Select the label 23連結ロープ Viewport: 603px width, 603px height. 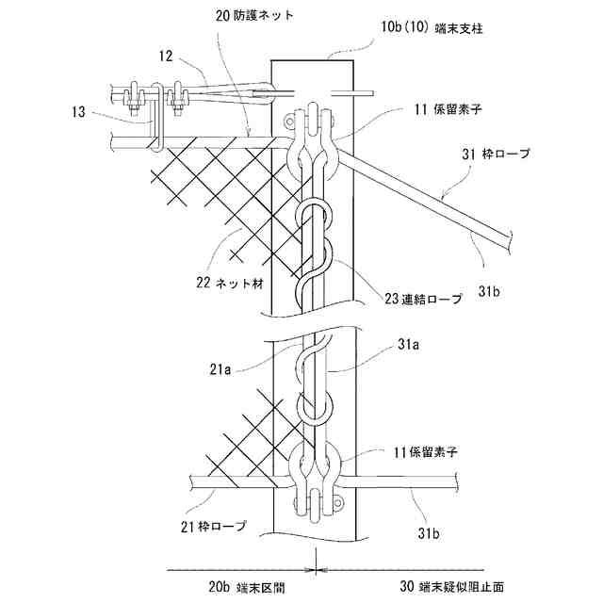424,299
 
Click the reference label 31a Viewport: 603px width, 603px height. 406,346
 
